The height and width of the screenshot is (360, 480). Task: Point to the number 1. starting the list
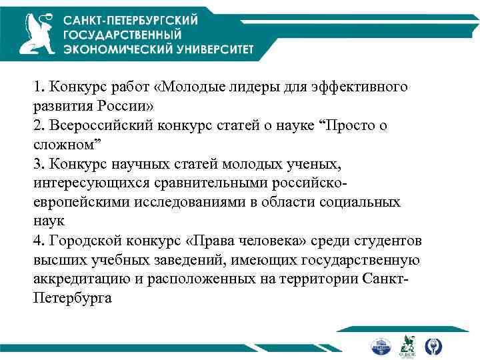(x=38, y=87)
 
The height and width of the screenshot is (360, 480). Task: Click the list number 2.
(x=38, y=125)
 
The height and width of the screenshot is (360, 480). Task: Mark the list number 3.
(x=38, y=163)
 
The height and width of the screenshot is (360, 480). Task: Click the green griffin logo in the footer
(x=405, y=345)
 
